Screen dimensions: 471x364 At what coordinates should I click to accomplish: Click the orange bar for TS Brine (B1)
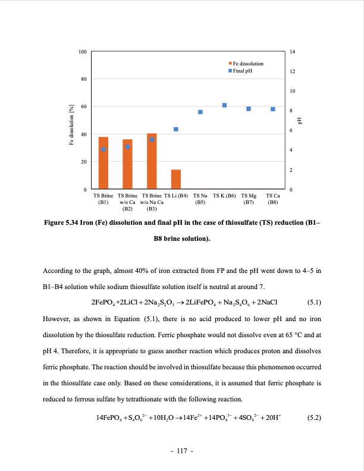click(103, 163)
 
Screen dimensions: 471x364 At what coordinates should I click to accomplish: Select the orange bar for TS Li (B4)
click(176, 179)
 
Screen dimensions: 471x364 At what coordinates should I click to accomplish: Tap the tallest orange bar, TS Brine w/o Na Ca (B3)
click(152, 161)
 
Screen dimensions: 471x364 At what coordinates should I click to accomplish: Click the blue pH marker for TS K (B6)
click(224, 105)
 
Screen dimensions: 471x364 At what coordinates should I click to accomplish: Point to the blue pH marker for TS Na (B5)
click(200, 112)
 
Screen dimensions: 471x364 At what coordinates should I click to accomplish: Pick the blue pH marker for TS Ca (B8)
click(273, 109)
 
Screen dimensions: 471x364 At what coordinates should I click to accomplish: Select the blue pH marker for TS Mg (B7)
click(249, 109)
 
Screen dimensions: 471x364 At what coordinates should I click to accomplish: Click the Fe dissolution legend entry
click(246, 64)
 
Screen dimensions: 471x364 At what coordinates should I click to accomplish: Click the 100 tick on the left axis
click(82, 52)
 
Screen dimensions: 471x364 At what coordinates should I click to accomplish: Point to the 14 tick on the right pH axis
click(292, 52)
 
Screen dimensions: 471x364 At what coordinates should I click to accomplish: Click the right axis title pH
click(300, 121)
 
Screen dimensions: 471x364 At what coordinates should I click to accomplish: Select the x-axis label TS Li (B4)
click(176, 195)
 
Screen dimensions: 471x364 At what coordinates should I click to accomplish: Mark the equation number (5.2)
click(313, 417)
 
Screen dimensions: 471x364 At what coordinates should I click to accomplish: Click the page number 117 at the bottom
click(182, 452)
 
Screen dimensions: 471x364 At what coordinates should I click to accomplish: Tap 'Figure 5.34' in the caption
click(62, 224)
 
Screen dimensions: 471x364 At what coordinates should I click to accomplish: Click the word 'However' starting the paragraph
click(57, 319)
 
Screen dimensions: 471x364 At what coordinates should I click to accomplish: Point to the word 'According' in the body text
click(58, 271)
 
